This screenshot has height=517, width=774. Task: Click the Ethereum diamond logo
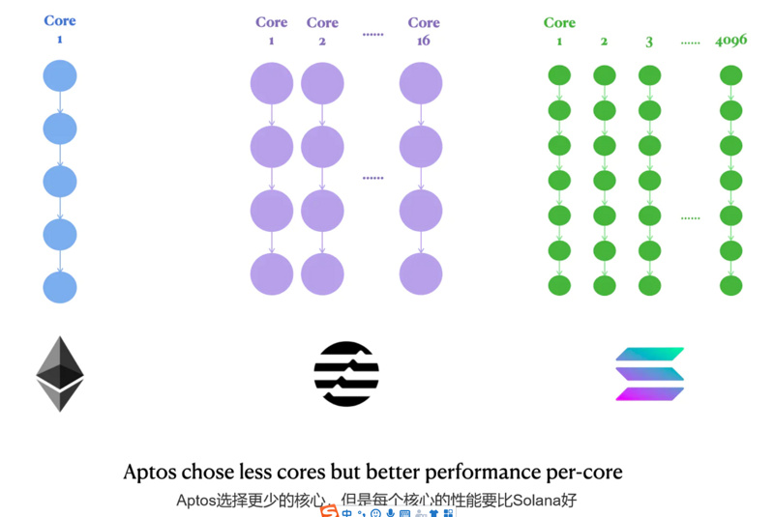(x=60, y=374)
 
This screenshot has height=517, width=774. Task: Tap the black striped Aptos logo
(x=346, y=374)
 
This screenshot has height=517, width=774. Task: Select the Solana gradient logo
(x=650, y=374)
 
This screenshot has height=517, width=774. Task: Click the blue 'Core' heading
(x=60, y=20)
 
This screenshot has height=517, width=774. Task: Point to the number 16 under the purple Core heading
(x=424, y=41)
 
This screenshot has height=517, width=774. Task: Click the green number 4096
(x=730, y=41)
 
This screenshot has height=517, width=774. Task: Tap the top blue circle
(x=60, y=76)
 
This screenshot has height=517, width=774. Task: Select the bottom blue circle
(x=60, y=286)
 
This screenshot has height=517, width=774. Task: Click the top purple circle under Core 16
(x=421, y=83)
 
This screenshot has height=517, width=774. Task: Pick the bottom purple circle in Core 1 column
(x=272, y=274)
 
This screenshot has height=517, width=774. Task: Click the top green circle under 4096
(x=730, y=75)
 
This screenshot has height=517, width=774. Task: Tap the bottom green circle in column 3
(x=649, y=286)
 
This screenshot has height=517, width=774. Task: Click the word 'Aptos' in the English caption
(x=150, y=473)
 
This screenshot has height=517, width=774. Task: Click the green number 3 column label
(x=649, y=42)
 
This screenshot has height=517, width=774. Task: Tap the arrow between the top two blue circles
(x=60, y=102)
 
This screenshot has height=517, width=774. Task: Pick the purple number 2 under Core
(x=322, y=41)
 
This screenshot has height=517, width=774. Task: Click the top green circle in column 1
(x=559, y=75)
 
